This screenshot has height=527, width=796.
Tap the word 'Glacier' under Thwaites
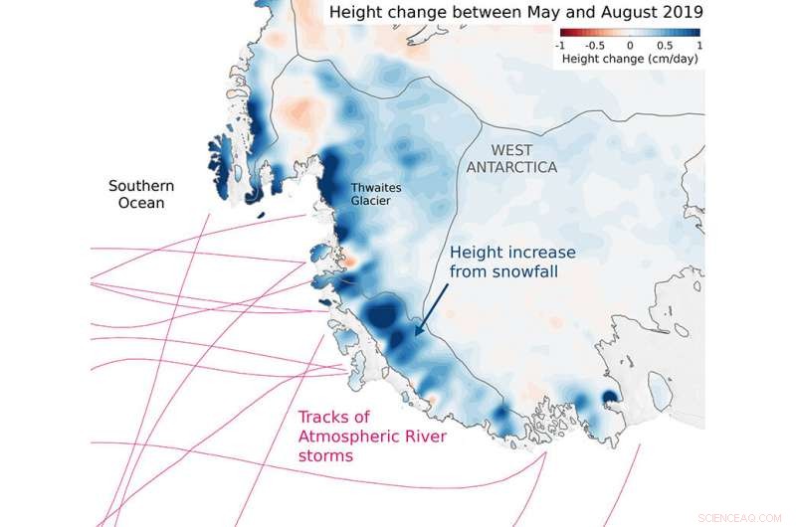tap(371, 201)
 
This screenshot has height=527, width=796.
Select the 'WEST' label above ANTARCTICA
tap(512, 150)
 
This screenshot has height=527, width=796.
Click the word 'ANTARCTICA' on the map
tap(512, 167)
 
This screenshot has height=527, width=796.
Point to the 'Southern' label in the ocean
tap(141, 186)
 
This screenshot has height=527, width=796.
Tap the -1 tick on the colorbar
tap(560, 46)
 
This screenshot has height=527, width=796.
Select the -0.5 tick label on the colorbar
tap(594, 46)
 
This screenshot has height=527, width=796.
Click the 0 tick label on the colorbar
tap(630, 46)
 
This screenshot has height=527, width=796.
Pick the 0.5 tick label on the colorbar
tap(665, 46)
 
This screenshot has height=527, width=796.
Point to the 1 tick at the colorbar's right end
tap(698, 46)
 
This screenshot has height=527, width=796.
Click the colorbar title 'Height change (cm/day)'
tap(629, 59)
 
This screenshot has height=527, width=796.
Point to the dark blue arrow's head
tap(416, 333)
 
